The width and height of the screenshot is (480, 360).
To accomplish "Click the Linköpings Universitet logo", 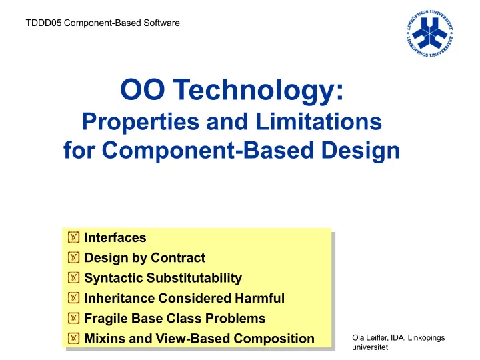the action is tap(430, 33).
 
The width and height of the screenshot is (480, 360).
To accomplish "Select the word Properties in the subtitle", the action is tap(141, 121).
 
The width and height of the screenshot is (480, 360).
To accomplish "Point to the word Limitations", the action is tap(319, 121).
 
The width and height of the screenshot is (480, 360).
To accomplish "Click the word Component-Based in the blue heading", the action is tap(208, 150).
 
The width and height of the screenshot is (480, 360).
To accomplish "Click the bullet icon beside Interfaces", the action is tap(73, 237).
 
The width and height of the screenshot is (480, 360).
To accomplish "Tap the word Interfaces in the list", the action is tap(115, 237).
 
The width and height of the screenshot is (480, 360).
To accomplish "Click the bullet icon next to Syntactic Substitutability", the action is tap(73, 277).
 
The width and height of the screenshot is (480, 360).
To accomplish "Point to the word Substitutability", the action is tap(194, 278).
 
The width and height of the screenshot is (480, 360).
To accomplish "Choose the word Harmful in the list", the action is tap(259, 298).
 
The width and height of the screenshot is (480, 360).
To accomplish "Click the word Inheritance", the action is tap(119, 298).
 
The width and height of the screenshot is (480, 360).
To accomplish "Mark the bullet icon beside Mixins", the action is tap(73, 338).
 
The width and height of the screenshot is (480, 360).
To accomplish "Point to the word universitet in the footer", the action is tap(370, 347).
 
